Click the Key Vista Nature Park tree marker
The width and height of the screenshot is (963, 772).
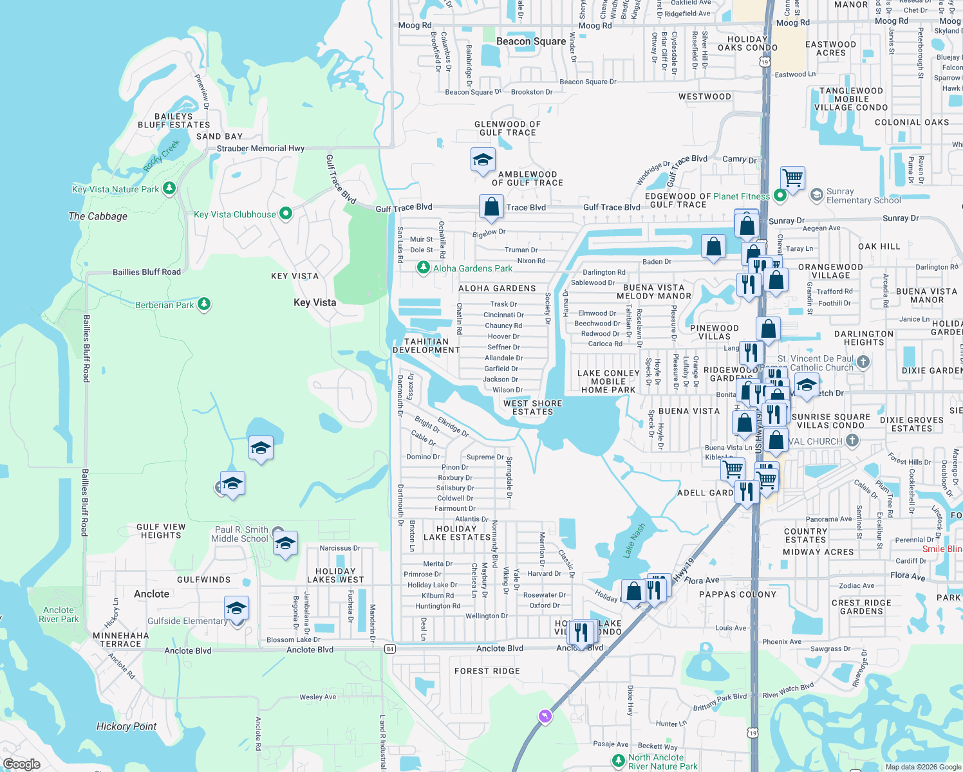(169, 188)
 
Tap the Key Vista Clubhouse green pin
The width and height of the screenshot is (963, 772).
(286, 214)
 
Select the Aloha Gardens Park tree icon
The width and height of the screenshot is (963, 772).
(423, 267)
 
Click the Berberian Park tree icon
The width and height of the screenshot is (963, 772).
(204, 304)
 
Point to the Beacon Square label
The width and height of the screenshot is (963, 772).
(531, 42)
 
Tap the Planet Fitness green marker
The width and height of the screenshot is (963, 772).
(780, 194)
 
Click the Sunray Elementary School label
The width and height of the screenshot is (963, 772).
(863, 196)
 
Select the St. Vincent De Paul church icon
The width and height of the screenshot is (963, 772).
(863, 362)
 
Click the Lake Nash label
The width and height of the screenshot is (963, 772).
(634, 540)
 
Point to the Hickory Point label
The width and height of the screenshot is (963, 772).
(126, 726)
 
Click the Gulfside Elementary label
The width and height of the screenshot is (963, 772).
(187, 621)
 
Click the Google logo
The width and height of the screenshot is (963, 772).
(21, 764)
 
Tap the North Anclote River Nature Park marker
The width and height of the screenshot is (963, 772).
(619, 762)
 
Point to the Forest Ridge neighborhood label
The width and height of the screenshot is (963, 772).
(487, 671)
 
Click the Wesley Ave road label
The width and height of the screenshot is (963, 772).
(317, 697)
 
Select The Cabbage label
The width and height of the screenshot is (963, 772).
(98, 216)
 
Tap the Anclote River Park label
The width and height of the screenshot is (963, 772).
(59, 614)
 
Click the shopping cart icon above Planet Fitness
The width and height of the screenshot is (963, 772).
(793, 177)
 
